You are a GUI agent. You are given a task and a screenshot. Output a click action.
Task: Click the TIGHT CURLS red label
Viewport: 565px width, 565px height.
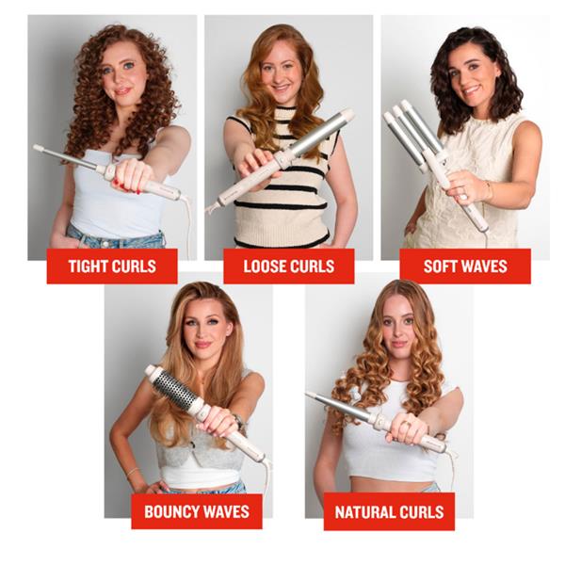coord(112,266)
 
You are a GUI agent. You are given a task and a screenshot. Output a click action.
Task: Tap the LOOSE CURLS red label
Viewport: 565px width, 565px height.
coord(289,266)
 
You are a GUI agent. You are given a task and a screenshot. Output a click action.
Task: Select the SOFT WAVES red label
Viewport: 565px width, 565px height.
coord(465,266)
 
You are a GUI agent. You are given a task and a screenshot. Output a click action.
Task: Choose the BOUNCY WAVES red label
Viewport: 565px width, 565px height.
coord(197,511)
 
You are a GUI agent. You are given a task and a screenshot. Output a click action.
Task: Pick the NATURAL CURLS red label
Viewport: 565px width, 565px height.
coord(389,511)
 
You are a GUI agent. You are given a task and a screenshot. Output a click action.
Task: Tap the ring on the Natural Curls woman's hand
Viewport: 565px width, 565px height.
coord(406,424)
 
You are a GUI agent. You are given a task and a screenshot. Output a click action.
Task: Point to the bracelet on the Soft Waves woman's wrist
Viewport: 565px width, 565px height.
coord(489,190)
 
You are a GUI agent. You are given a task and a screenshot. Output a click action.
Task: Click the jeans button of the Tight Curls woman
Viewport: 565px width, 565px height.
coord(105,244)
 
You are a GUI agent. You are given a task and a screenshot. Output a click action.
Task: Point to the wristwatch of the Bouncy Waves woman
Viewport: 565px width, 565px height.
coord(238,421)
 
